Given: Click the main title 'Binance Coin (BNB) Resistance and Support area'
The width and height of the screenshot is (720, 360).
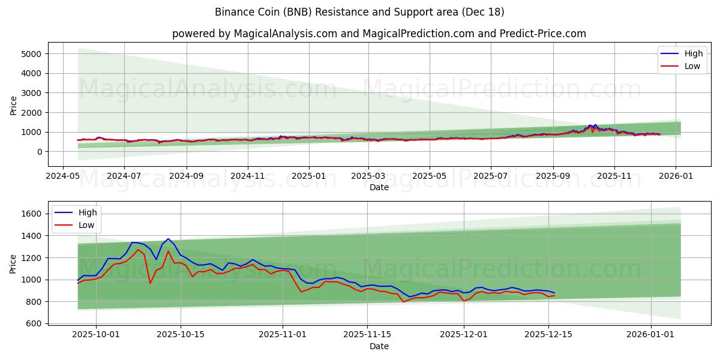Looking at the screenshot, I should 359,12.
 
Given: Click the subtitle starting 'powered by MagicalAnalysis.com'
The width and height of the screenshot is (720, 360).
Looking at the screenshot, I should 379,34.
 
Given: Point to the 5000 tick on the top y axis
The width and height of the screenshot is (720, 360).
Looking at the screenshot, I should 31,54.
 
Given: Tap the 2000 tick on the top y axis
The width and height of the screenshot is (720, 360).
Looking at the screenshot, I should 31,113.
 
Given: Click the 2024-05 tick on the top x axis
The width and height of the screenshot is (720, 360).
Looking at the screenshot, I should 64,177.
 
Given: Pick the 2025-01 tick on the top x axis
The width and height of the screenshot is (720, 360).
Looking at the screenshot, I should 309,177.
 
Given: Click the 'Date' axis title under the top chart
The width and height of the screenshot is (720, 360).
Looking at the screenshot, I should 379,187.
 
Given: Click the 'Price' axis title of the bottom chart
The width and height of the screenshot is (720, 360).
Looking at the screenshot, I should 13,264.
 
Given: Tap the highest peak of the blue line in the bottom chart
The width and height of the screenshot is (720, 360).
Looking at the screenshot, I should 168,239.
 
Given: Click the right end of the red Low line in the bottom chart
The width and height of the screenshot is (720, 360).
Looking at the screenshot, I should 554,295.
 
